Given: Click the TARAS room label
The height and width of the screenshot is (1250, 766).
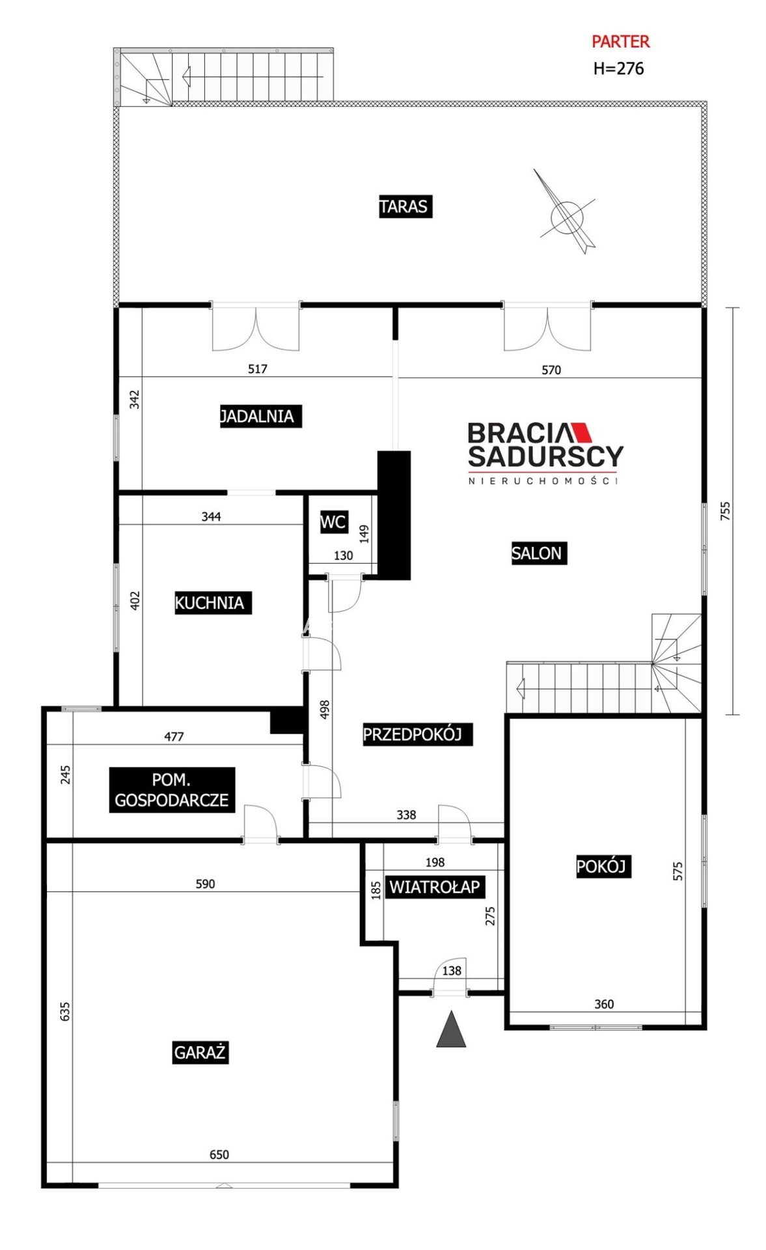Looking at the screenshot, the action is click(x=405, y=206).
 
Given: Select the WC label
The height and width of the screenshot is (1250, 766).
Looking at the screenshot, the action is click(x=333, y=521).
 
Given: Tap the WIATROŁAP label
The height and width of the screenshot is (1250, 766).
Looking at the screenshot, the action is click(x=435, y=887).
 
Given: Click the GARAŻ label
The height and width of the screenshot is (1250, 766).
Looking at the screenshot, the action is click(x=200, y=1052).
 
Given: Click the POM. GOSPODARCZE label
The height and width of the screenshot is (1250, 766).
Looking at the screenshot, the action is click(x=172, y=790).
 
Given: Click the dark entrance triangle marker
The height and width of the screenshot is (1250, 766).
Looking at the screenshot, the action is click(x=451, y=1029).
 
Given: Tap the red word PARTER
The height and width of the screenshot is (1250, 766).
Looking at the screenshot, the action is click(x=620, y=42).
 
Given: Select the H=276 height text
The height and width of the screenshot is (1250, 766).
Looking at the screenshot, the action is click(x=618, y=68).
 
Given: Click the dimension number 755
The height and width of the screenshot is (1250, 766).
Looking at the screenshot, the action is click(x=726, y=510).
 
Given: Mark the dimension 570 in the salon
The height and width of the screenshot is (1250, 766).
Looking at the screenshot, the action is click(x=551, y=370).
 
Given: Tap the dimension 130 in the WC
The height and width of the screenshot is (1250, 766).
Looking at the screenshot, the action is click(x=343, y=555).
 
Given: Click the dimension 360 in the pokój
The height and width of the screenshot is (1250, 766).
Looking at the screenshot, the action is click(x=604, y=1004).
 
